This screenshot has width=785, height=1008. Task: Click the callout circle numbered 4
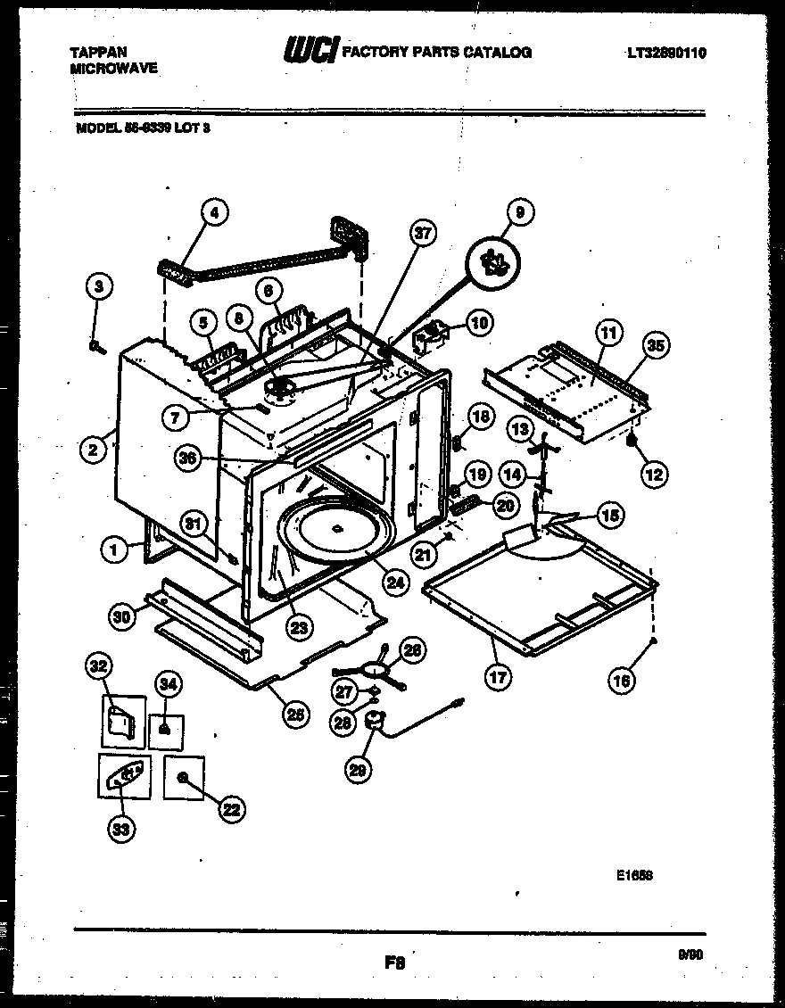(x=213, y=212)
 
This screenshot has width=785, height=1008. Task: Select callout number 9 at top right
(x=520, y=212)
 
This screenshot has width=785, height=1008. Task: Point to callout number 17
(x=498, y=677)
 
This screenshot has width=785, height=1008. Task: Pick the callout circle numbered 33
(x=120, y=830)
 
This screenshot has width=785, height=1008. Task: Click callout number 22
(x=231, y=809)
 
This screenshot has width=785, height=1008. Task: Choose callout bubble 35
(x=656, y=344)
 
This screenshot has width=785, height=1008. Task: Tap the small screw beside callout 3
(x=94, y=346)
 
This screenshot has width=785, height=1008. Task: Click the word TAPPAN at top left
(x=98, y=53)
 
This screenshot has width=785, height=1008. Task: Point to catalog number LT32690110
(x=665, y=53)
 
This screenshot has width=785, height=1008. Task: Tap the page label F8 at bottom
(x=394, y=963)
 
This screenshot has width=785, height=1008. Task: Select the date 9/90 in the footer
(x=691, y=954)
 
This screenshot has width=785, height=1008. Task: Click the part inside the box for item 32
(x=120, y=719)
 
